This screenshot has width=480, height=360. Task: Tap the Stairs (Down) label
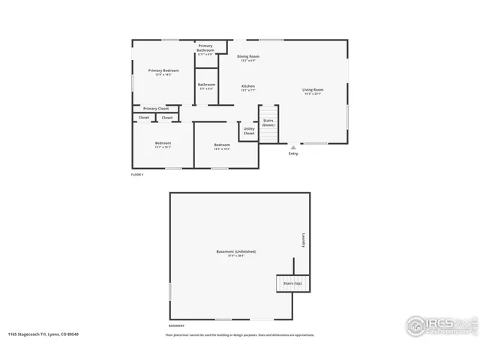click(x=268, y=122)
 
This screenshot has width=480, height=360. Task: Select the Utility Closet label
click(x=249, y=131)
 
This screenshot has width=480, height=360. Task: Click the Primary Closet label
click(x=156, y=108)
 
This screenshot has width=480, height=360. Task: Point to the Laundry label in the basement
click(x=304, y=239)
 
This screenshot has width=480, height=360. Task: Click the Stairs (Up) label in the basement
click(x=292, y=283)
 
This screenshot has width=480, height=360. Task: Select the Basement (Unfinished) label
click(x=236, y=253)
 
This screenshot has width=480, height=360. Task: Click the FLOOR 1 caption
click(x=136, y=174)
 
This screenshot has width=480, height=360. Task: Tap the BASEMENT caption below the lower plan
click(x=177, y=326)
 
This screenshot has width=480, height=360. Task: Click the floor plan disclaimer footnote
click(x=240, y=334)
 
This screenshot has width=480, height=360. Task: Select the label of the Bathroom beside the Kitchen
click(x=207, y=85)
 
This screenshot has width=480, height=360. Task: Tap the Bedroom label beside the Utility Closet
click(x=222, y=146)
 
